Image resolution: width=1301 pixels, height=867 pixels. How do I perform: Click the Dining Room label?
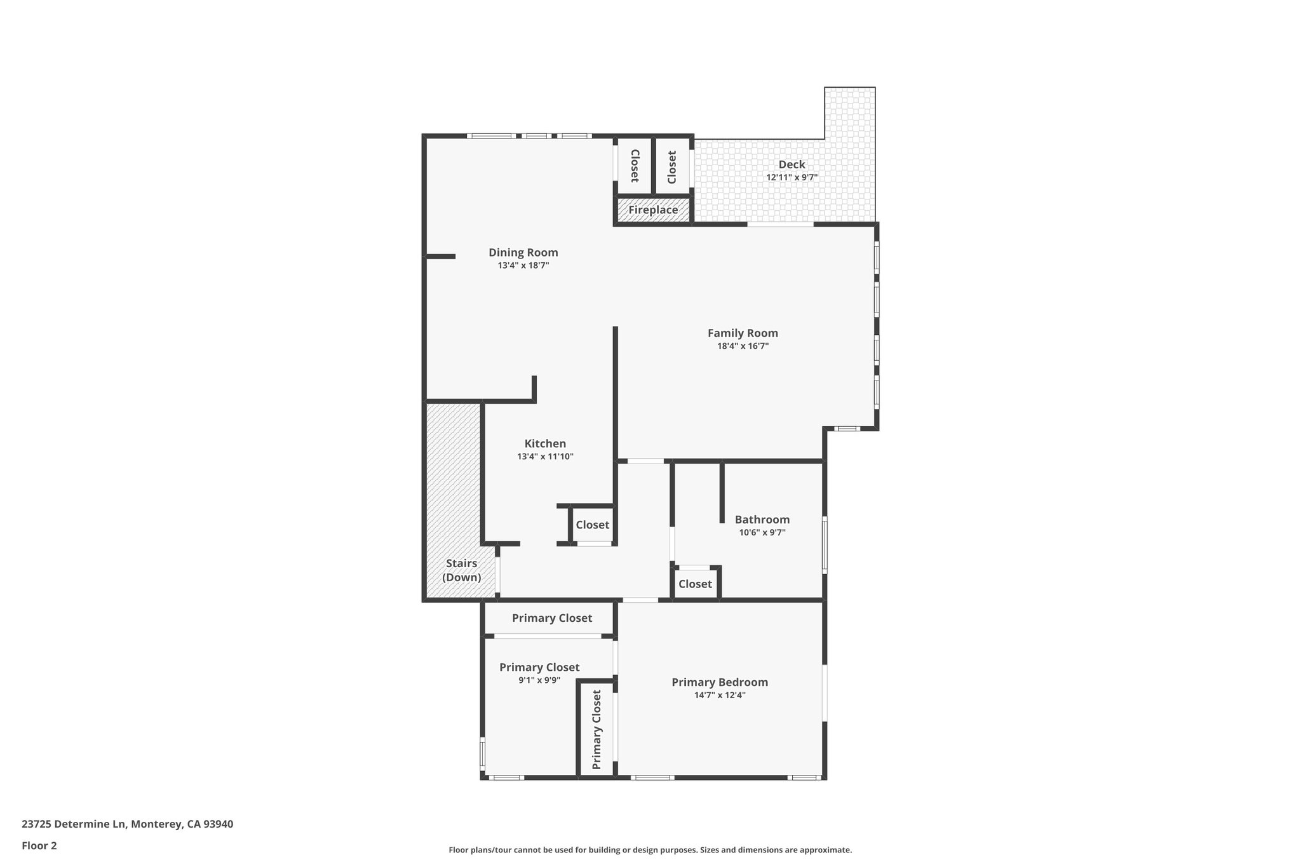[x=523, y=253]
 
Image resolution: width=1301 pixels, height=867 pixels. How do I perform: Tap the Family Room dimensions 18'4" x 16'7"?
[x=743, y=346]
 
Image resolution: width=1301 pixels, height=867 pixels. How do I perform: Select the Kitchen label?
[x=545, y=444]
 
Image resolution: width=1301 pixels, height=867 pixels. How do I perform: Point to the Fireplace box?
[x=653, y=210]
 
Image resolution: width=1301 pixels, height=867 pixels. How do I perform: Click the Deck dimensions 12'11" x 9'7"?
[x=792, y=178]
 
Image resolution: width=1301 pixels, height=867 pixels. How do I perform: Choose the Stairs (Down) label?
[x=461, y=570]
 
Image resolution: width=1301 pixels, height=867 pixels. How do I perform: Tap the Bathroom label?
[x=762, y=520]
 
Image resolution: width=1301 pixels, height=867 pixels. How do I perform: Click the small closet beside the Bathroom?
[x=695, y=584]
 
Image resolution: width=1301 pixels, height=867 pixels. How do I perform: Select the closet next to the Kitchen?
[x=592, y=525]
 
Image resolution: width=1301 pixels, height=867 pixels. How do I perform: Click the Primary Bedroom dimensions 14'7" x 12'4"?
[x=720, y=695]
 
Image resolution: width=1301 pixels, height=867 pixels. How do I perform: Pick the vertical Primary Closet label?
[x=597, y=729]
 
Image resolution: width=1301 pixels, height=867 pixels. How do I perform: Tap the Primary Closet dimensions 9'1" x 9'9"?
[x=539, y=680]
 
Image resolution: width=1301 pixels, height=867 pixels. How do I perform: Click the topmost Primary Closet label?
[x=551, y=618]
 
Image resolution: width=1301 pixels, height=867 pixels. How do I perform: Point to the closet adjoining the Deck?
[x=672, y=166]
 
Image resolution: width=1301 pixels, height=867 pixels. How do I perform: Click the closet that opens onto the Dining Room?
[x=634, y=166]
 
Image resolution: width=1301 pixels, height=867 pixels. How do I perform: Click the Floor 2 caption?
[x=39, y=845]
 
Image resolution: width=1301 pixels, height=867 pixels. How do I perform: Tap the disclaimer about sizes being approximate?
[x=650, y=850]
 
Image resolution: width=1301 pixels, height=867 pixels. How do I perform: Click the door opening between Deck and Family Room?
[x=780, y=224]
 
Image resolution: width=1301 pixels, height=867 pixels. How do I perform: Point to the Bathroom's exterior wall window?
[x=825, y=544]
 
